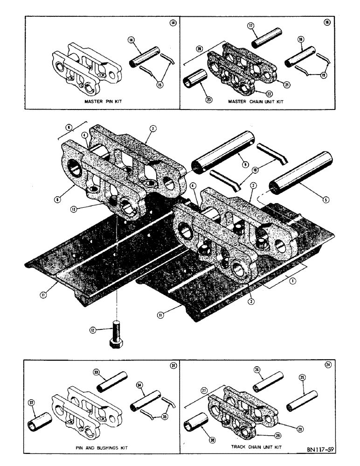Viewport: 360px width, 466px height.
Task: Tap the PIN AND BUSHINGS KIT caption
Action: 102,447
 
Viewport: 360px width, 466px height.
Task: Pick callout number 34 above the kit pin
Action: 140,385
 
